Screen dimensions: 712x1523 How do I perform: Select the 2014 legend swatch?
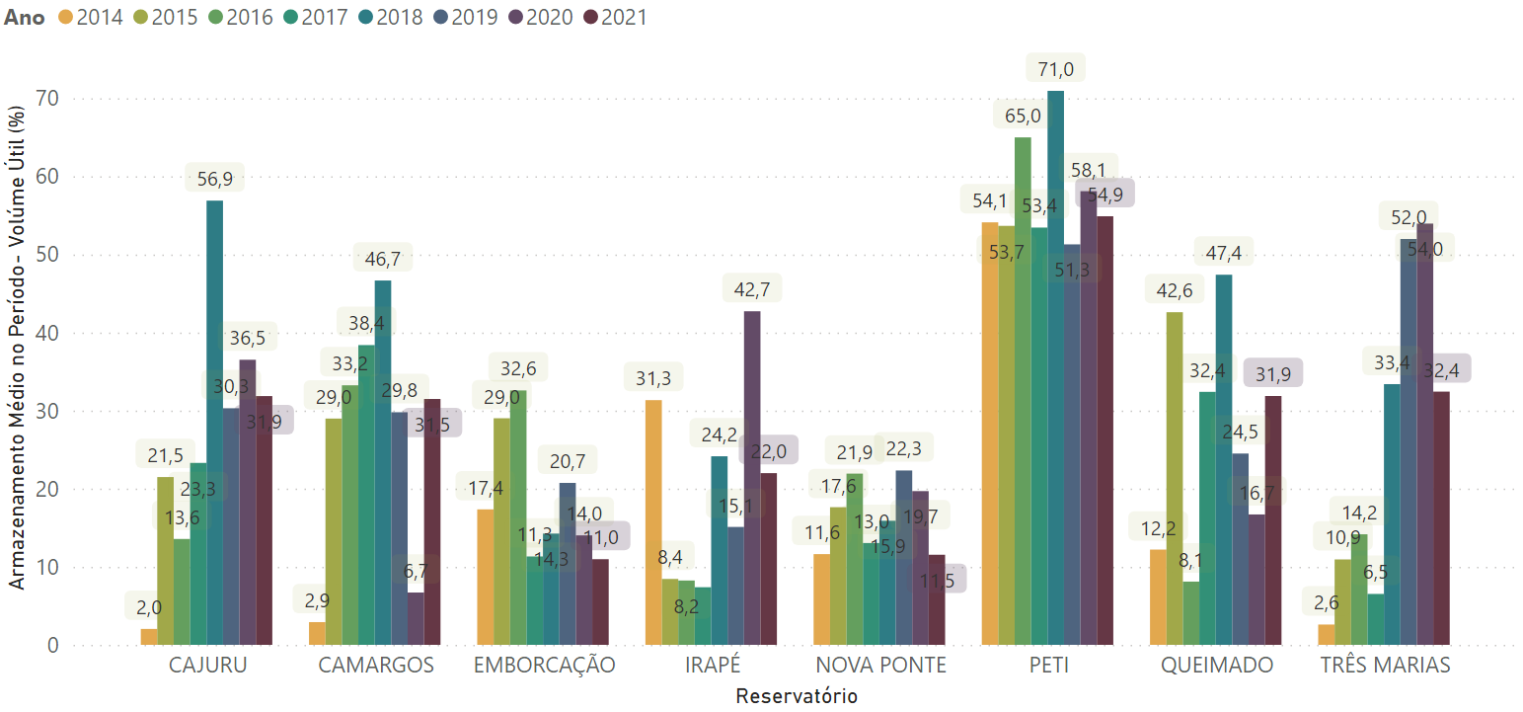pyautogui.click(x=66, y=17)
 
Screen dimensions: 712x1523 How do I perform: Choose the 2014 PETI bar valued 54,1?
pyautogui.click(x=989, y=434)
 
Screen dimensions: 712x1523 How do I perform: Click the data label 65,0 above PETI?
pyautogui.click(x=1023, y=117)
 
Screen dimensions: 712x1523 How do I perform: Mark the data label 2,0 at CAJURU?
pyautogui.click(x=149, y=606)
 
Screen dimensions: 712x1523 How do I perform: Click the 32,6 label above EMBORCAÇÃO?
pyautogui.click(x=519, y=367)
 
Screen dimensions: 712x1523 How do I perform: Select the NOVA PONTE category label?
pyautogui.click(x=880, y=666)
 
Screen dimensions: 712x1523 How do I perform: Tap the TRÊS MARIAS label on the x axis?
pyautogui.click(x=1386, y=666)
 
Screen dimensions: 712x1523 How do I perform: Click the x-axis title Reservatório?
pyautogui.click(x=797, y=696)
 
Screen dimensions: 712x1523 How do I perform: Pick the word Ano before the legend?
pyautogui.click(x=24, y=17)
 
